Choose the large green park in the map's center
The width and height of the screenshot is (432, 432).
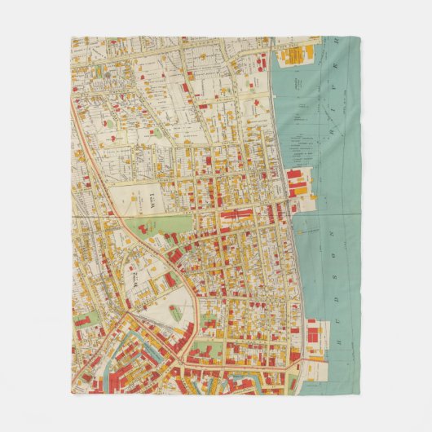click(159, 226)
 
